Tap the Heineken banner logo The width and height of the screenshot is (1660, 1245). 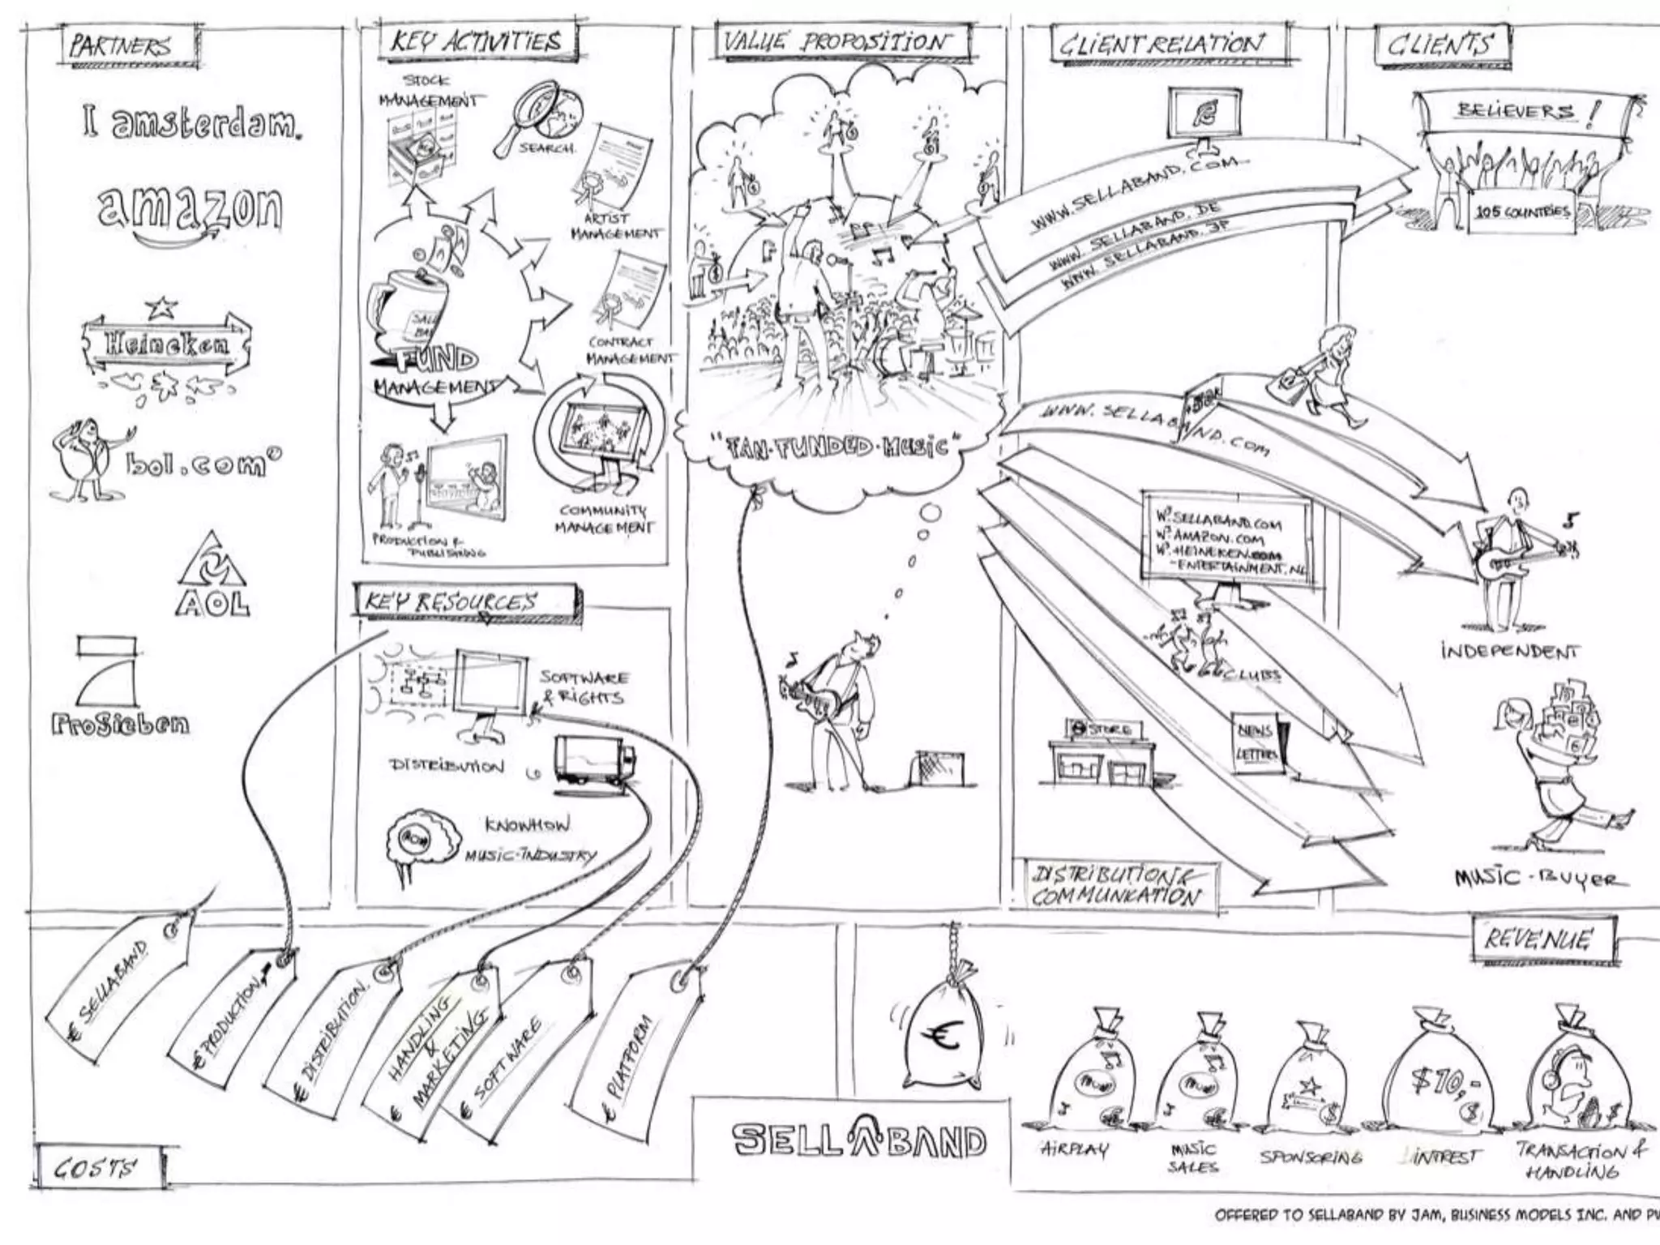[166, 344]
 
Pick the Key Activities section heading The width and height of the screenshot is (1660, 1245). [478, 41]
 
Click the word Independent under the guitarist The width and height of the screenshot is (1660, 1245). [1510, 651]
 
